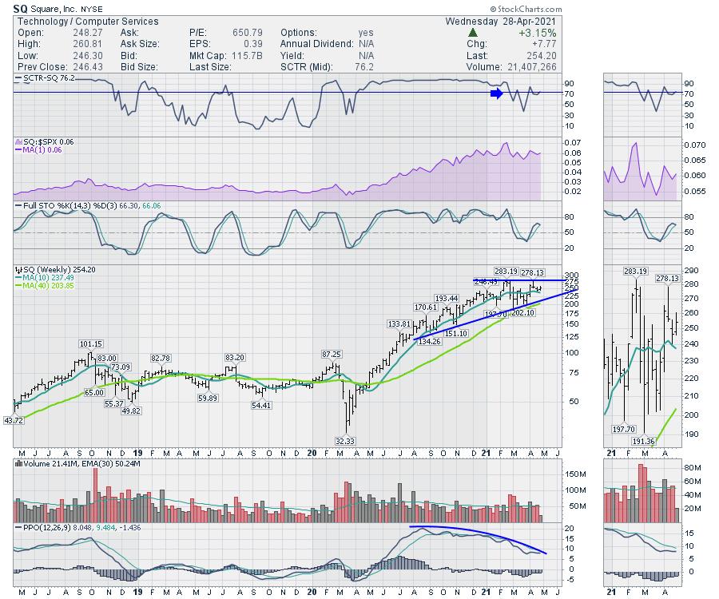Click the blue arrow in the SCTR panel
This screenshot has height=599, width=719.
pos(496,93)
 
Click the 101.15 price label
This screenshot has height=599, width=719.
pos(90,344)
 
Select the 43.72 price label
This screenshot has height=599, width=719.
pos(15,420)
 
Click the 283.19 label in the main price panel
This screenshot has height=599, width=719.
pos(506,271)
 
